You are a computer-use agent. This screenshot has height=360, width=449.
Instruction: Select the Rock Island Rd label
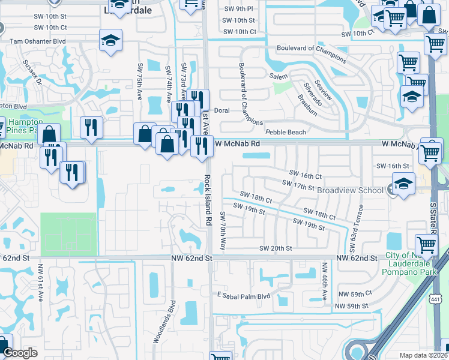coord(208,200)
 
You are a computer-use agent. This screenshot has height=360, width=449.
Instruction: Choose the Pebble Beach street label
coord(286,132)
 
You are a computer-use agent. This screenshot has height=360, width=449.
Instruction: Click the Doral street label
coord(222,110)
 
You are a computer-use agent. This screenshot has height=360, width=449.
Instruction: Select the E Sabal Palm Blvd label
coord(247,296)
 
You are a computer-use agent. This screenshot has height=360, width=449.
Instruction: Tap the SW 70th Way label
coord(222,231)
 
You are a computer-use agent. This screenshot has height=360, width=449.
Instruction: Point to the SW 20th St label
coord(276,248)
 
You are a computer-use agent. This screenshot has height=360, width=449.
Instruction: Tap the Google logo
coord(20,353)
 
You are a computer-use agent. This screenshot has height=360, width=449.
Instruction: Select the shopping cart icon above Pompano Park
coord(426,244)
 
